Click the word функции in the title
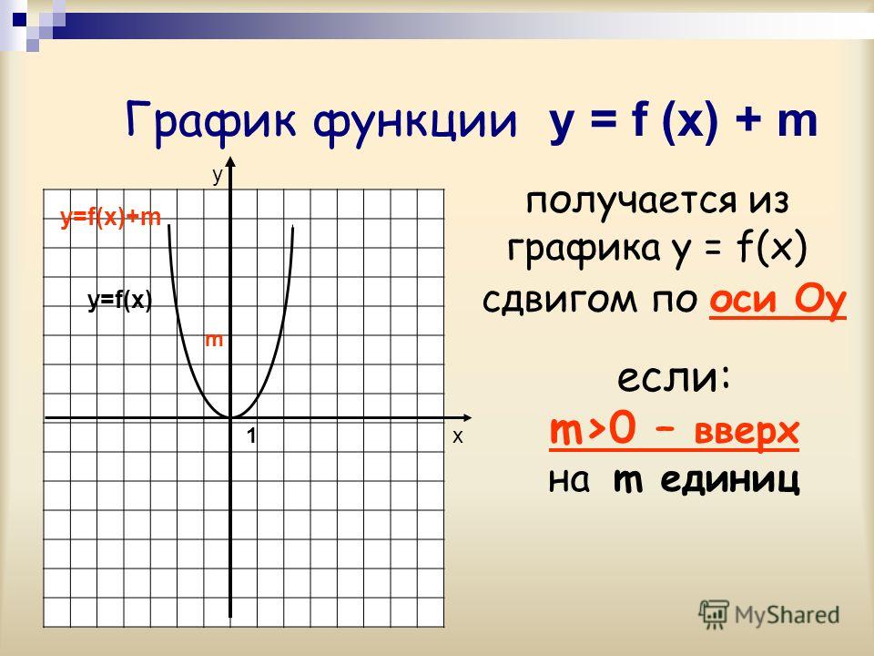[x=415, y=121]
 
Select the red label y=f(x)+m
[x=111, y=217]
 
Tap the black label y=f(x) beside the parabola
[x=120, y=301]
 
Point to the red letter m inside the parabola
[x=214, y=339]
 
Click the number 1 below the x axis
[x=252, y=436]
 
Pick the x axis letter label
[x=458, y=436]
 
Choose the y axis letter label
[x=218, y=175]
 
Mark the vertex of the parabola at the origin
[x=230, y=416]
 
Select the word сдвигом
[x=559, y=300]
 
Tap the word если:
[x=674, y=378]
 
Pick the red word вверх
[x=747, y=432]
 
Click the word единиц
[x=729, y=480]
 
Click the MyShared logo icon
[x=714, y=614]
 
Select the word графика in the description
[x=584, y=249]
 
